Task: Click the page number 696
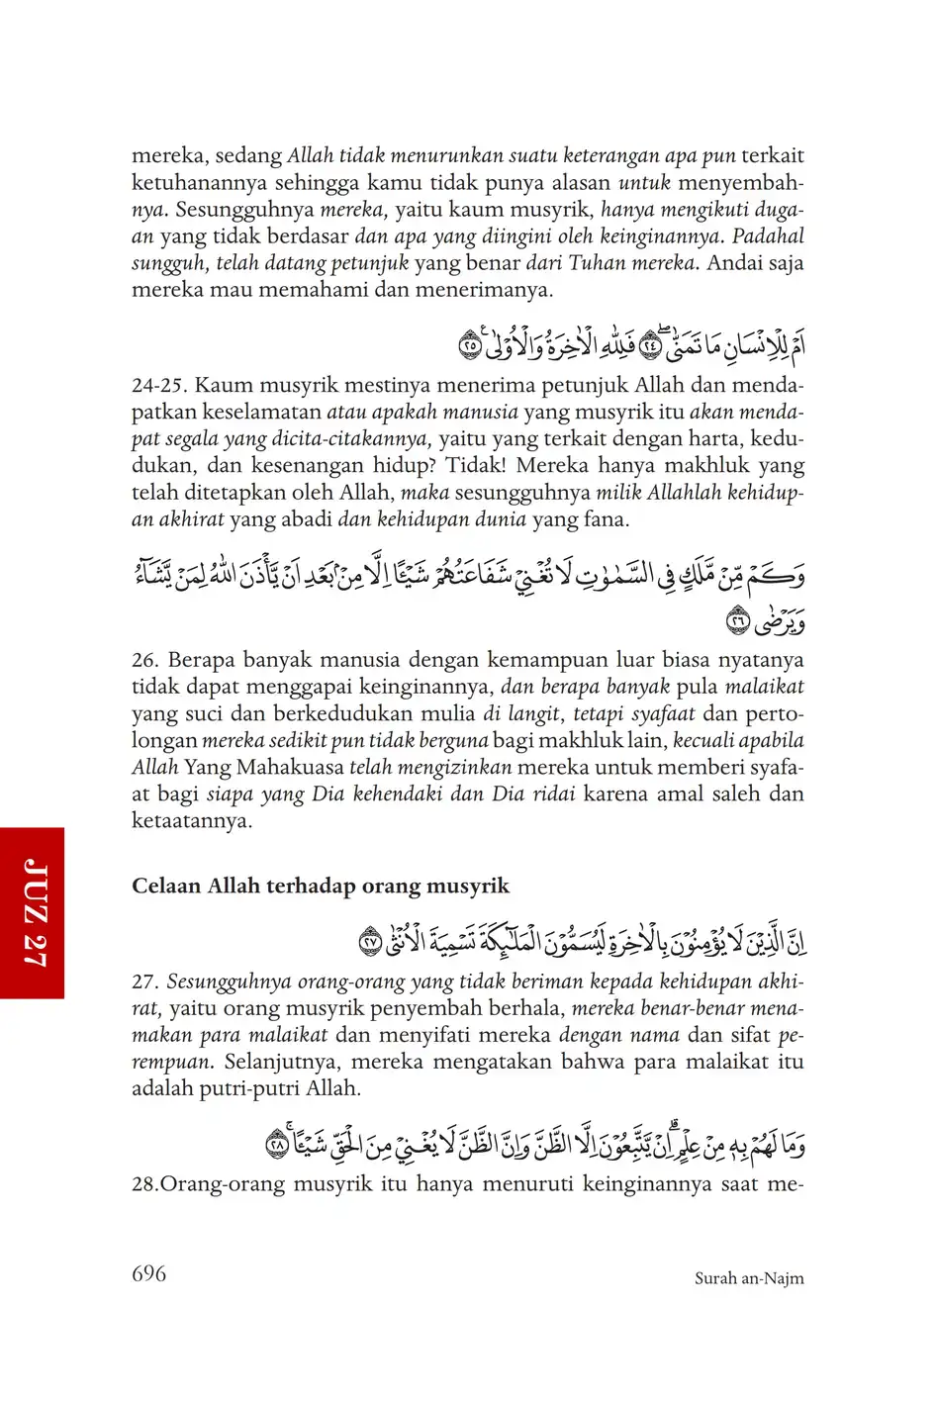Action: pyautogui.click(x=148, y=1273)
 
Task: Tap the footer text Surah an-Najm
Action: pyautogui.click(x=749, y=1278)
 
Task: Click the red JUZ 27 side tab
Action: pyautogui.click(x=33, y=912)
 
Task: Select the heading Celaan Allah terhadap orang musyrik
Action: pyautogui.click(x=321, y=886)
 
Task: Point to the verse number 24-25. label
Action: pyautogui.click(x=159, y=385)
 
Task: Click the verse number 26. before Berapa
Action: pyautogui.click(x=145, y=660)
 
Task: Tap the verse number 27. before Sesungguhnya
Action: pyautogui.click(x=145, y=981)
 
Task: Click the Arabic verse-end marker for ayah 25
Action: pyautogui.click(x=470, y=346)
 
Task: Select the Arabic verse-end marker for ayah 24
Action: pyautogui.click(x=650, y=345)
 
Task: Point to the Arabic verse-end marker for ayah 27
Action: pyautogui.click(x=369, y=941)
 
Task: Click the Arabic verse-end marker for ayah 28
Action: pyautogui.click(x=277, y=1145)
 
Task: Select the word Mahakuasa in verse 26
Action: pyautogui.click(x=289, y=767)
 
